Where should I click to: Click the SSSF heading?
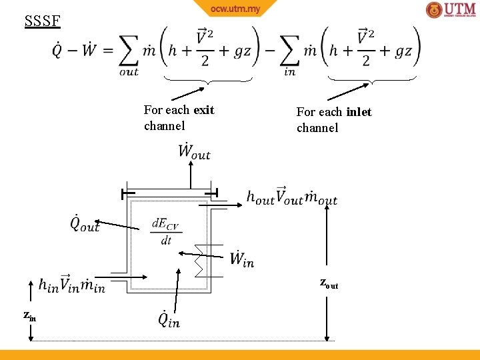[42, 21]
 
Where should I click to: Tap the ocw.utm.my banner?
[235, 9]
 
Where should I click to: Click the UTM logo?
[451, 10]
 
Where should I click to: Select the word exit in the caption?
[204, 110]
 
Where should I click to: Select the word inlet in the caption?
[359, 112]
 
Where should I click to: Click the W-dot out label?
[194, 151]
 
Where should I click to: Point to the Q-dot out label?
[85, 223]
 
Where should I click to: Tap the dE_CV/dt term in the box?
[165, 231]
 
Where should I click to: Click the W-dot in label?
[242, 259]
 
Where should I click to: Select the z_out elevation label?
[329, 284]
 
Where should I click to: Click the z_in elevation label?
[29, 315]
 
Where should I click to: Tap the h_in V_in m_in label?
[71, 285]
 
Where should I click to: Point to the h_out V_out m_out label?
[291, 197]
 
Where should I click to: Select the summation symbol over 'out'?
[129, 51]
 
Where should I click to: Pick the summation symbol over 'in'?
[289, 51]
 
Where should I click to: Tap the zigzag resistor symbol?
[199, 261]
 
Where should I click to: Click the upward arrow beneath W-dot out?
[191, 177]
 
